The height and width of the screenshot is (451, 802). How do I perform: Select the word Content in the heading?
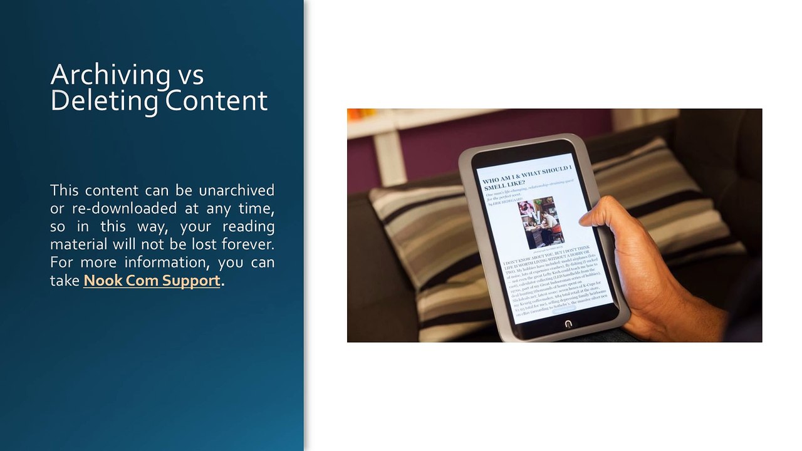click(216, 101)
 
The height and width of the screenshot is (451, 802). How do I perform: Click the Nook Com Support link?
click(152, 280)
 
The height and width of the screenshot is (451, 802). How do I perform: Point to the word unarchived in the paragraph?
click(236, 190)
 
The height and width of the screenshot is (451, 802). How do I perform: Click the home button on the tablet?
click(568, 324)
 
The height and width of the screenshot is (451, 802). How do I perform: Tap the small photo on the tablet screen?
click(541, 222)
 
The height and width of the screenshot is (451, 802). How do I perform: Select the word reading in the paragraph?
click(249, 225)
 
